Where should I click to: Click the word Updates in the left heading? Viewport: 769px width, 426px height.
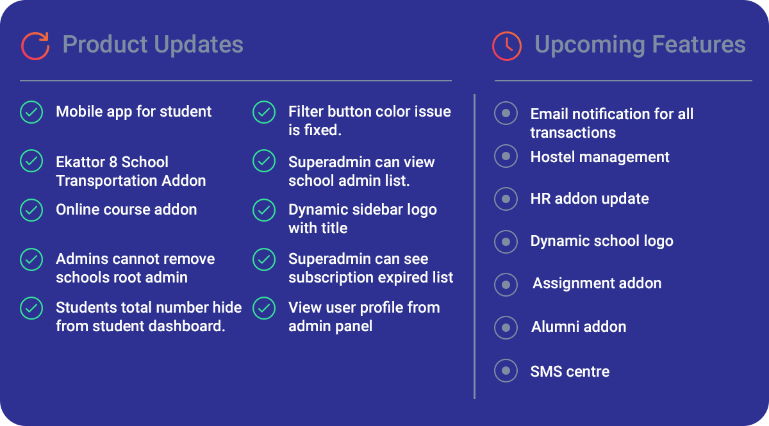pyautogui.click(x=199, y=45)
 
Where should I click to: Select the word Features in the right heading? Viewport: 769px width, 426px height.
pyautogui.click(x=699, y=44)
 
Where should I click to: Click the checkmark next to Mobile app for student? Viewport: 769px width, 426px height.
pyautogui.click(x=31, y=112)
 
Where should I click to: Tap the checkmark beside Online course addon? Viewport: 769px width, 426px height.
pyautogui.click(x=31, y=210)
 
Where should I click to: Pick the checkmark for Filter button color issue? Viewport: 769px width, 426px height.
pyautogui.click(x=264, y=112)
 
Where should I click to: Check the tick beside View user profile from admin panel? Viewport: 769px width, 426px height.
pyautogui.click(x=264, y=308)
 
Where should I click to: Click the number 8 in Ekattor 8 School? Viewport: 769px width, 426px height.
pyautogui.click(x=113, y=162)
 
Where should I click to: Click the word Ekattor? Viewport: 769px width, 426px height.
pyautogui.click(x=80, y=162)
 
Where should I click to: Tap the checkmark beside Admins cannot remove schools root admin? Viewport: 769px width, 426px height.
pyautogui.click(x=31, y=259)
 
